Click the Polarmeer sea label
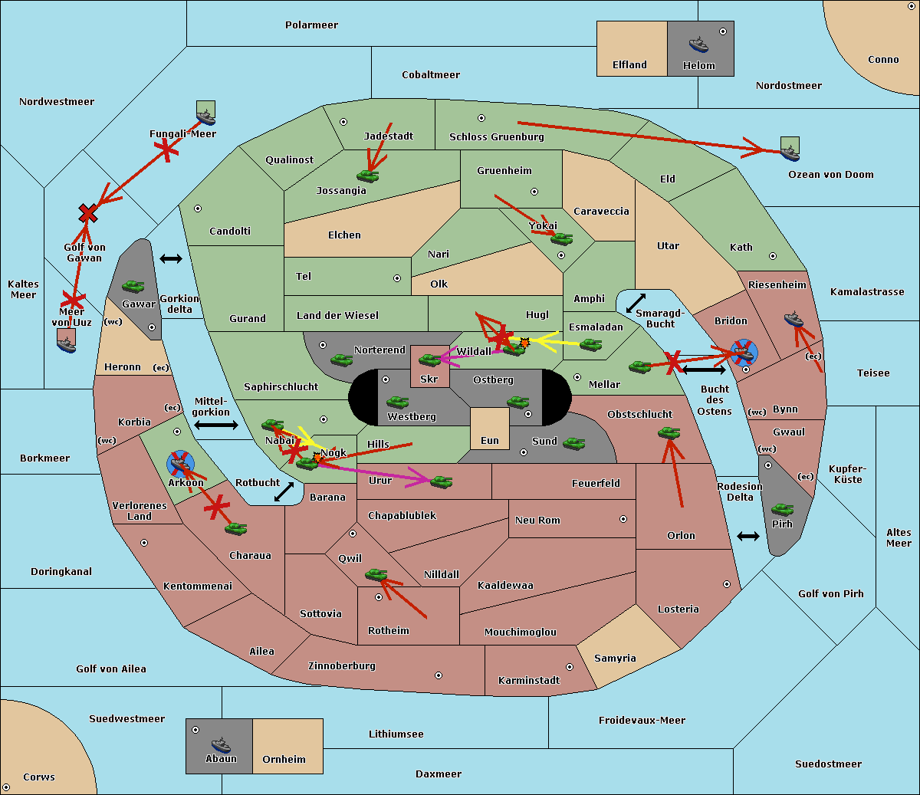(311, 25)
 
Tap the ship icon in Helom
(698, 44)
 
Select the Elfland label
(629, 65)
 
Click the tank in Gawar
(133, 286)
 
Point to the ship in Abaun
(221, 745)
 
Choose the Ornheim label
(284, 760)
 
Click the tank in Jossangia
(368, 176)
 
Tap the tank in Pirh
(782, 509)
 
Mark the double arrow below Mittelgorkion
(216, 425)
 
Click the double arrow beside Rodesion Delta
(748, 536)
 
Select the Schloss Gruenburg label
(496, 137)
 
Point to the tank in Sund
(573, 443)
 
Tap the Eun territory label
(490, 441)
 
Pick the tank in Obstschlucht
(669, 432)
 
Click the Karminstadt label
(529, 681)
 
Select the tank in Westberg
(397, 402)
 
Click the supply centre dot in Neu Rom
(623, 519)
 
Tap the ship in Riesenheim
(793, 319)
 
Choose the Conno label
(883, 60)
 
